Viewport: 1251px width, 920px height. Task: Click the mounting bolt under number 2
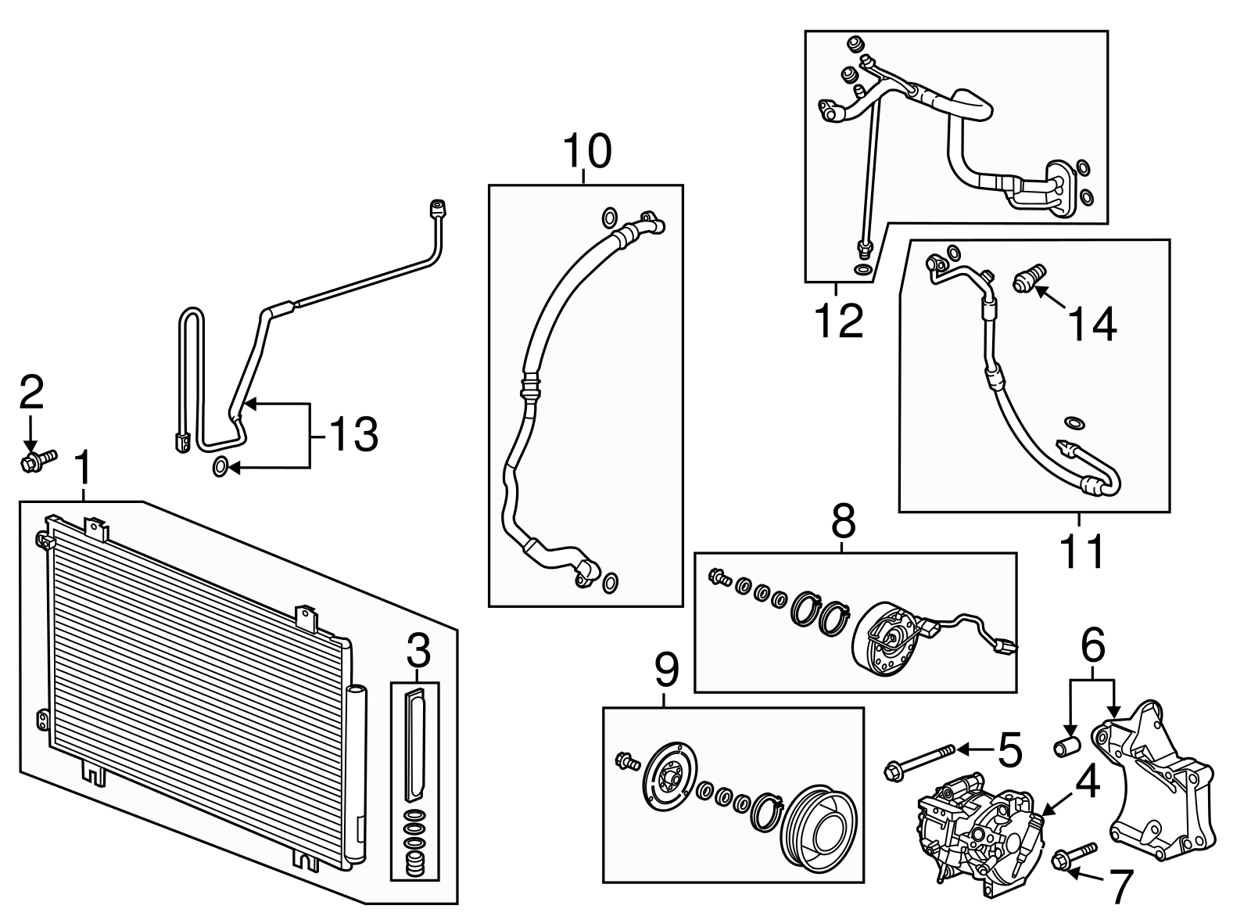click(x=38, y=458)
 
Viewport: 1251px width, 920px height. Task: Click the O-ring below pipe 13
click(x=221, y=468)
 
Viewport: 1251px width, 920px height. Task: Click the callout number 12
click(x=839, y=320)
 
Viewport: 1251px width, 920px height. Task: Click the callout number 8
click(x=843, y=520)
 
